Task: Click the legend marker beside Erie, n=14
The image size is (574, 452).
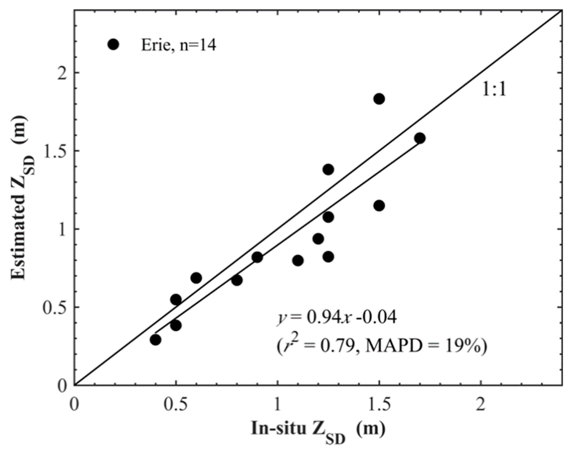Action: tap(113, 44)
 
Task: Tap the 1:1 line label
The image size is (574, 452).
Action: tap(494, 89)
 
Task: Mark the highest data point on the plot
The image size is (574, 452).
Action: tap(379, 99)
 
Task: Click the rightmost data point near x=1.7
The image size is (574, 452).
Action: tap(420, 138)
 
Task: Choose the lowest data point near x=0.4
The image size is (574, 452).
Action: tap(155, 340)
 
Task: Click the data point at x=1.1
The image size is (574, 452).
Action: tap(298, 260)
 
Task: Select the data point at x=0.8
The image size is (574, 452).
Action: tap(237, 281)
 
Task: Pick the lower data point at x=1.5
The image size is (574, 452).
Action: tap(379, 206)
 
